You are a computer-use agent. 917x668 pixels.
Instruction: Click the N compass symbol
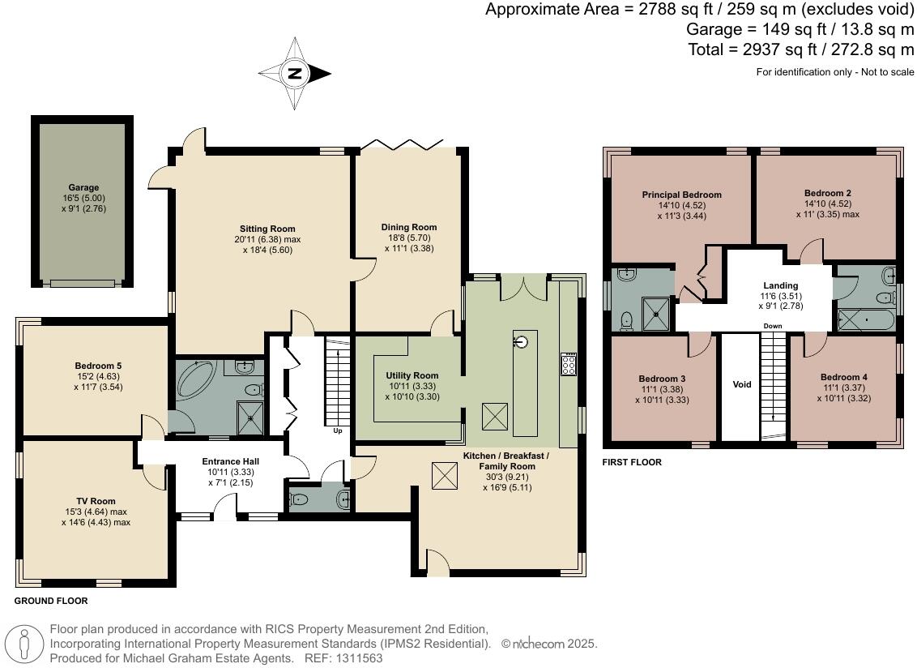296,74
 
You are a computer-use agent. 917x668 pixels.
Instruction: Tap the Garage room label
83,188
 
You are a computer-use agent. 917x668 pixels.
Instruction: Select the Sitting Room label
267,229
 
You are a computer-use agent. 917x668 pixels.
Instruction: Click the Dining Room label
409,227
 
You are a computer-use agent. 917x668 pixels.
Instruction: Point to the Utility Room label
412,376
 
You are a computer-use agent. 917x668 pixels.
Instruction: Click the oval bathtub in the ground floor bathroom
198,379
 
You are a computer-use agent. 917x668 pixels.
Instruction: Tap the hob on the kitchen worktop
569,364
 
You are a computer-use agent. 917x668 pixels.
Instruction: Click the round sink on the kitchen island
521,340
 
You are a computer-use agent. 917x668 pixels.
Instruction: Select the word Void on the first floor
741,384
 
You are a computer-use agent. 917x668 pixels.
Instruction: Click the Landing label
780,285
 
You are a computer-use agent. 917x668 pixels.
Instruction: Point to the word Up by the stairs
338,431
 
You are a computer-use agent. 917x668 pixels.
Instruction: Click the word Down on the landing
773,326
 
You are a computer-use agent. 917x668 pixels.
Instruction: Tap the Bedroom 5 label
98,366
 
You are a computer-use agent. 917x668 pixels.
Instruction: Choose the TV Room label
96,501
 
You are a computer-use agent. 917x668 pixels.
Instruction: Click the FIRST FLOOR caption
632,462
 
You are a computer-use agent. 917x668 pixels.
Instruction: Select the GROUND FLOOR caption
51,601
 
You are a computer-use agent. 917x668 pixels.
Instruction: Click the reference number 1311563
359,658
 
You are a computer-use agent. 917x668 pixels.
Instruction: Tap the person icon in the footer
24,644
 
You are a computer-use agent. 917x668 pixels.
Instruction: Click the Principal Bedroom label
681,195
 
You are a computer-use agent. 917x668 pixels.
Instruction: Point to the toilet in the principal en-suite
627,319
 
